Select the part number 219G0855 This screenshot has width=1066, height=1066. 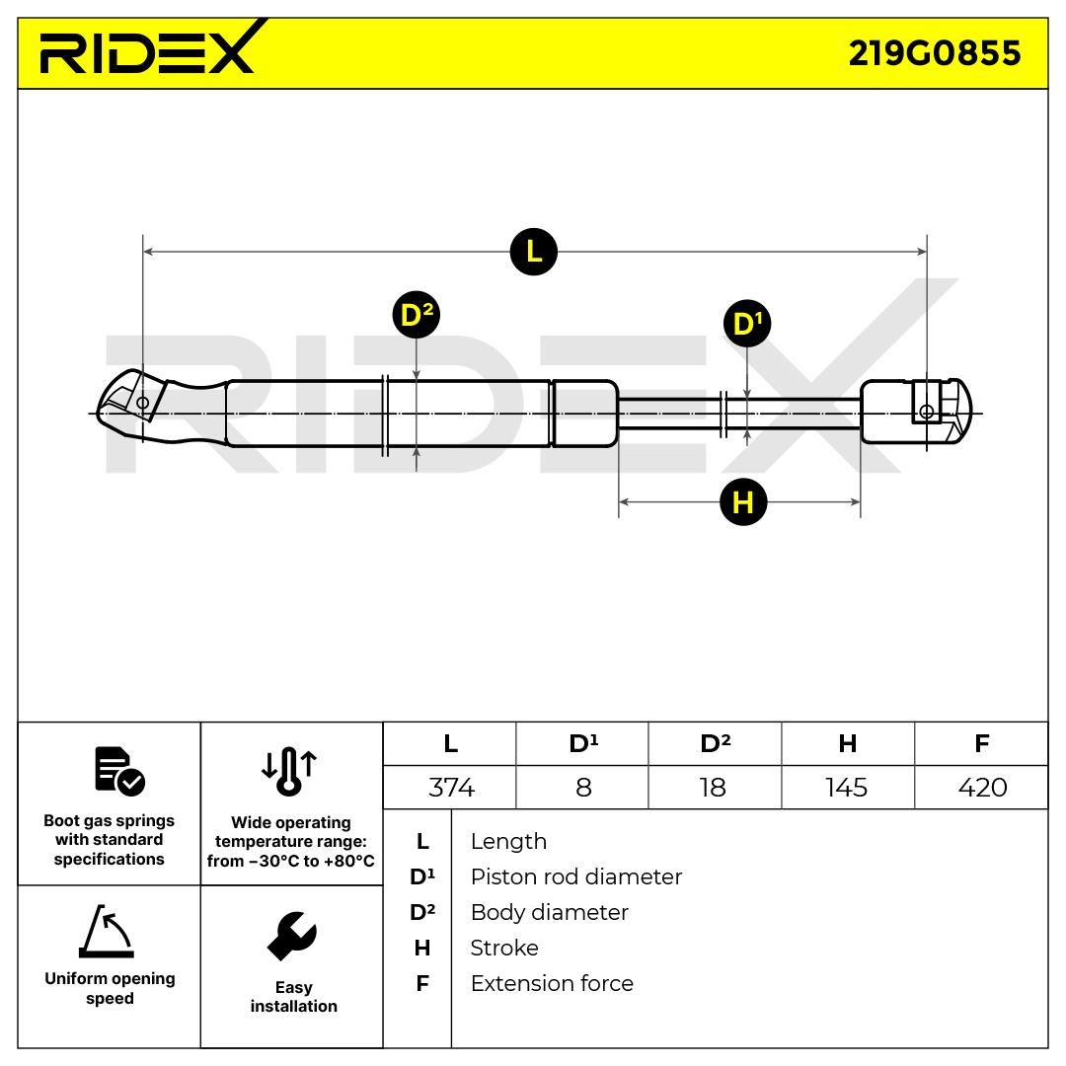click(x=934, y=53)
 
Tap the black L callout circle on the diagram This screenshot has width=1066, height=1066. click(x=534, y=252)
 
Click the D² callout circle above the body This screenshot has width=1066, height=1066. click(x=417, y=315)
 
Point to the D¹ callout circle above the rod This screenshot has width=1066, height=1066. click(x=747, y=323)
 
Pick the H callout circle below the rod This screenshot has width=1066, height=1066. click(x=743, y=502)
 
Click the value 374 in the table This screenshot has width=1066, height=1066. click(x=451, y=788)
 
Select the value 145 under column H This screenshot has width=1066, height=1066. click(x=847, y=788)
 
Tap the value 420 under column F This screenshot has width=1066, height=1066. click(x=982, y=788)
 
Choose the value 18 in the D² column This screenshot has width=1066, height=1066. click(x=714, y=788)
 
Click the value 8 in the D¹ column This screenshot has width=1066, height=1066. click(x=583, y=788)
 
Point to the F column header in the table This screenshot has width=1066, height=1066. click(x=982, y=744)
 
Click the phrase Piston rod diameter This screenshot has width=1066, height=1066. click(x=575, y=877)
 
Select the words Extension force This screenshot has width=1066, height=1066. click(x=552, y=983)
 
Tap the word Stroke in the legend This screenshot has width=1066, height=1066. click(x=503, y=948)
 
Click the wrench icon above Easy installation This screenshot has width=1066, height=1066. click(x=292, y=936)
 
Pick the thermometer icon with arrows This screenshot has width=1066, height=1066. click(x=289, y=772)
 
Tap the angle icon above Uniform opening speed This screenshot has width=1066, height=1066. click(x=107, y=931)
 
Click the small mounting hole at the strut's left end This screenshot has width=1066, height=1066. click(x=143, y=403)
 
